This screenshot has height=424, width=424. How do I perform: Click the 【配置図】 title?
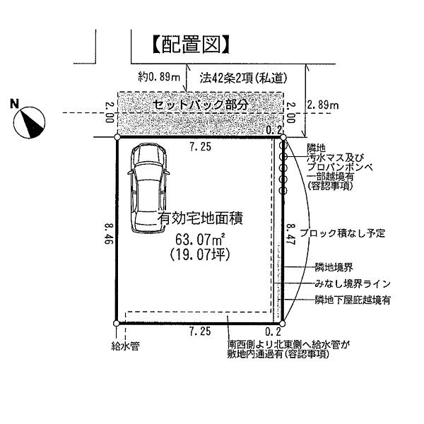coord(191,45)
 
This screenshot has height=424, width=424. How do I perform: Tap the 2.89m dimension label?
coord(323,105)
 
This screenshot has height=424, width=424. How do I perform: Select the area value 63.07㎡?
coord(197,239)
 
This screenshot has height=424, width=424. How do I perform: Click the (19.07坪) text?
coord(197,255)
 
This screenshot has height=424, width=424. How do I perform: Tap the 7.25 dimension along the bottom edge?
coord(199,331)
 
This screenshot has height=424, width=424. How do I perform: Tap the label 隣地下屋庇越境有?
coord(353,300)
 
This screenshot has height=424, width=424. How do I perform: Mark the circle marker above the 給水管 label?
coord(116,326)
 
